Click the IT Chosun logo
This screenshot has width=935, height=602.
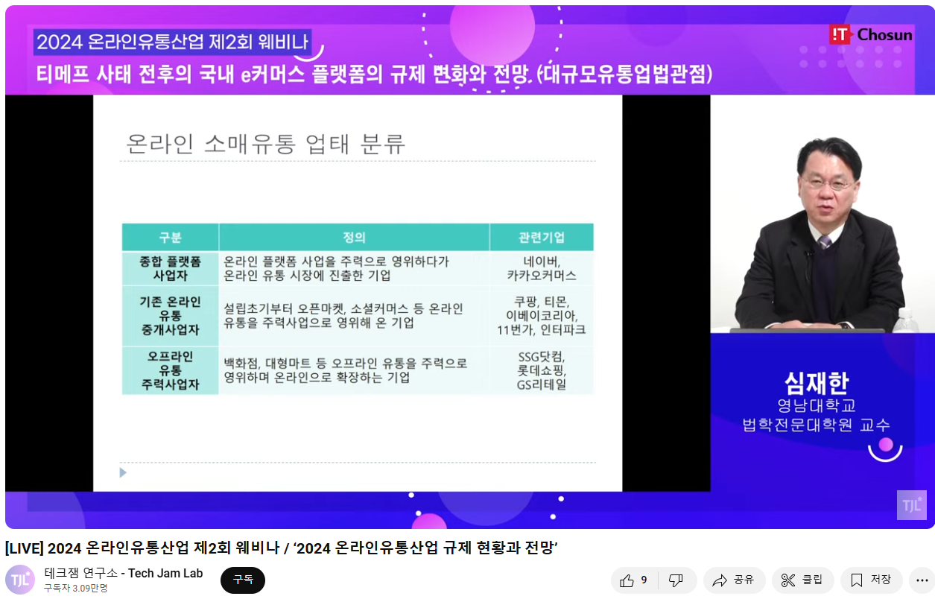(871, 35)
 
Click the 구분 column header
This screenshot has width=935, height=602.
(170, 237)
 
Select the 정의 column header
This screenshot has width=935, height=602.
(354, 237)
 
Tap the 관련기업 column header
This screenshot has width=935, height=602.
(542, 237)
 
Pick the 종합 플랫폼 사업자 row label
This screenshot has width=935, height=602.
(170, 268)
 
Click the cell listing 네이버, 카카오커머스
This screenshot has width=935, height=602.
(542, 268)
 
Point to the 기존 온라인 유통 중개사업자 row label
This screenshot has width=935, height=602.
(170, 316)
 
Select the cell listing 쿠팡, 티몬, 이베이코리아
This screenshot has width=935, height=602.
(542, 316)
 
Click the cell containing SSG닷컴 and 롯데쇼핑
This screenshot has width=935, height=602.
(542, 370)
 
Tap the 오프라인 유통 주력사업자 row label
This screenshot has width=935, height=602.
(170, 370)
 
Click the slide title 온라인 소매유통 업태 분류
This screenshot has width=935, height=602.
(265, 144)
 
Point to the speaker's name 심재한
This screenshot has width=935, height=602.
(817, 383)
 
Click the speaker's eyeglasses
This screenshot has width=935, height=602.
(826, 183)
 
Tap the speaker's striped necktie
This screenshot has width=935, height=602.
(825, 241)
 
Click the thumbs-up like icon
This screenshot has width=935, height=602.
(627, 580)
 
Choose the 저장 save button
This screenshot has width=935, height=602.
(871, 580)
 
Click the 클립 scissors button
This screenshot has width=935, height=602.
(802, 580)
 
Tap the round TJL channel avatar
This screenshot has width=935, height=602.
(20, 580)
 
